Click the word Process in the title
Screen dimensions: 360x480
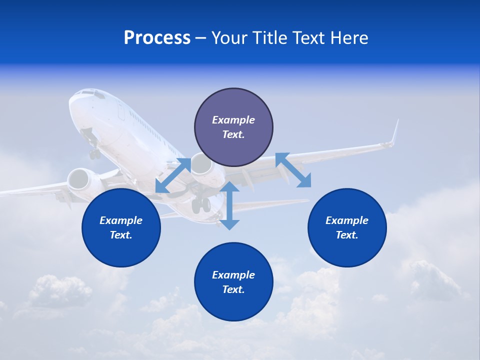(157, 38)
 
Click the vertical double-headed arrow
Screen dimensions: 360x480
(229, 205)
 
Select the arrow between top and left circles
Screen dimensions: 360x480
(173, 175)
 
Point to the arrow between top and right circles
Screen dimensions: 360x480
(293, 170)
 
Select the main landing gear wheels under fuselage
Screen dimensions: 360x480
(201, 204)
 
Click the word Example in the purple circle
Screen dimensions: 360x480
(233, 120)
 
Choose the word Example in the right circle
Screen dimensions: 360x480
(347, 220)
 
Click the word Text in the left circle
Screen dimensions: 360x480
(120, 235)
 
